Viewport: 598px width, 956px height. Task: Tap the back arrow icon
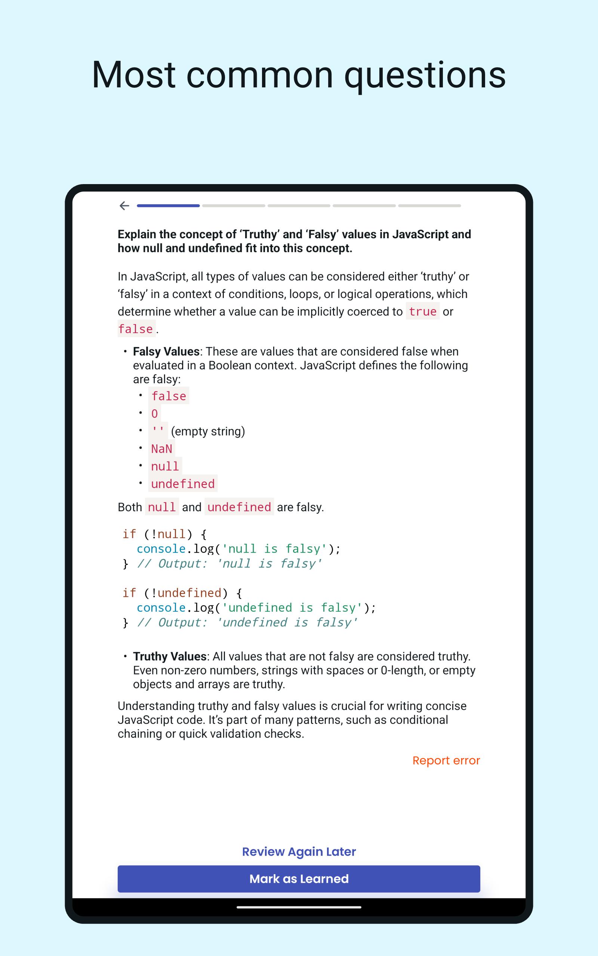[124, 205]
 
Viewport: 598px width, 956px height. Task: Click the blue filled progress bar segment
[168, 206]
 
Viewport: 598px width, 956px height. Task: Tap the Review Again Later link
[299, 851]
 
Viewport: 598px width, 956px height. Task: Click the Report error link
[446, 760]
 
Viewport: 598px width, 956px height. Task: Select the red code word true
[422, 312]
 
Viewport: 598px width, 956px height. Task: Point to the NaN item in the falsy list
[161, 449]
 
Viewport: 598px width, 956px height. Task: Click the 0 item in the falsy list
[154, 414]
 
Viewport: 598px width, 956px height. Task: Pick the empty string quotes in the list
[158, 431]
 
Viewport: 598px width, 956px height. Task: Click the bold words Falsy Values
[166, 351]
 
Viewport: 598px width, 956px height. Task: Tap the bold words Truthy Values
[170, 656]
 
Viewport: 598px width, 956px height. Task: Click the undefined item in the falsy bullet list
[183, 484]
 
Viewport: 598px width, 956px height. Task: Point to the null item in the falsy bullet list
[165, 466]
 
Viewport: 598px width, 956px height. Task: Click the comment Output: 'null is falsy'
[229, 564]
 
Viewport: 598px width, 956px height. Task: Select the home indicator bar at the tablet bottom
[299, 907]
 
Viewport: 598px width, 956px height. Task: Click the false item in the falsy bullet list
[169, 396]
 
